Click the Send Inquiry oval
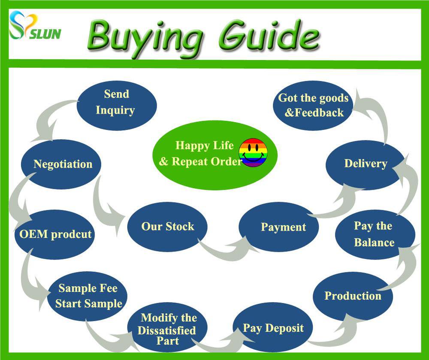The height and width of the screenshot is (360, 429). [x=117, y=105]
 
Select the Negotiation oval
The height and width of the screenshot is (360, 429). [x=61, y=164]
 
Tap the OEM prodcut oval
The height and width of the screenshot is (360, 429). [x=55, y=234]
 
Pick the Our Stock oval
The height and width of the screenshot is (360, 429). [x=167, y=227]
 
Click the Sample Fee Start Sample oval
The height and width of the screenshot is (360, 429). [x=87, y=296]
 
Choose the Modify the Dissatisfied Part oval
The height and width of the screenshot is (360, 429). [x=167, y=327]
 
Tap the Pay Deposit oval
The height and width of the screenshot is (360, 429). [x=273, y=327]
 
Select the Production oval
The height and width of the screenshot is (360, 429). [x=353, y=296]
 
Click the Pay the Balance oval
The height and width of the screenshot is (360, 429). [x=375, y=234]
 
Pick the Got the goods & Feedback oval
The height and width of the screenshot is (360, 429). [x=313, y=106]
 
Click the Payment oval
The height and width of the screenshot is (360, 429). [x=279, y=227]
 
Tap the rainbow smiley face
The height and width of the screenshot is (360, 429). [x=253, y=152]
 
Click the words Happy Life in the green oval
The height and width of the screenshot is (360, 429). [x=204, y=145]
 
